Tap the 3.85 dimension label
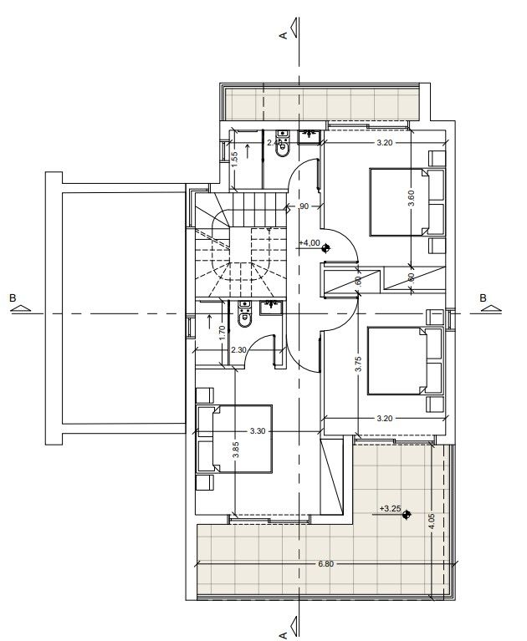237,450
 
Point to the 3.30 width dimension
258,431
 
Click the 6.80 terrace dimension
326,564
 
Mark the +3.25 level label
389,507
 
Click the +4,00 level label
308,242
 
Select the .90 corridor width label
302,206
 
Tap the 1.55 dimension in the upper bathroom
235,155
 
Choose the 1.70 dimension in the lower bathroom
221,332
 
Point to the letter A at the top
284,35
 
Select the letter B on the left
12,298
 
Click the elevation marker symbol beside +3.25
406,516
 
